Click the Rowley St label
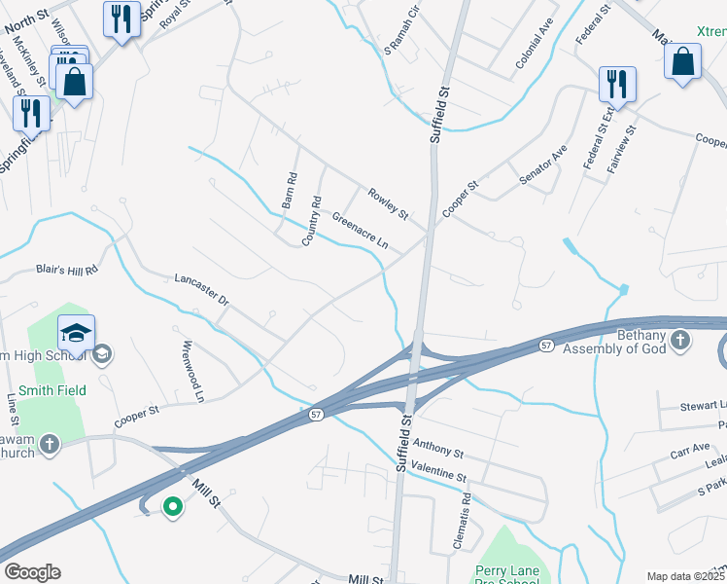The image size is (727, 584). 387,202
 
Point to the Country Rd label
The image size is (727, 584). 311,221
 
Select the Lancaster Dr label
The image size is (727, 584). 200,290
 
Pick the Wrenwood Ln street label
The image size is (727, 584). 192,371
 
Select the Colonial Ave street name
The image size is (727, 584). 534,48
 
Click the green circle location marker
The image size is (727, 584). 173,506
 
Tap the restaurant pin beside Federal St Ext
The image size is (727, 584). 616,85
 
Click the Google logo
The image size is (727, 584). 32,572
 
